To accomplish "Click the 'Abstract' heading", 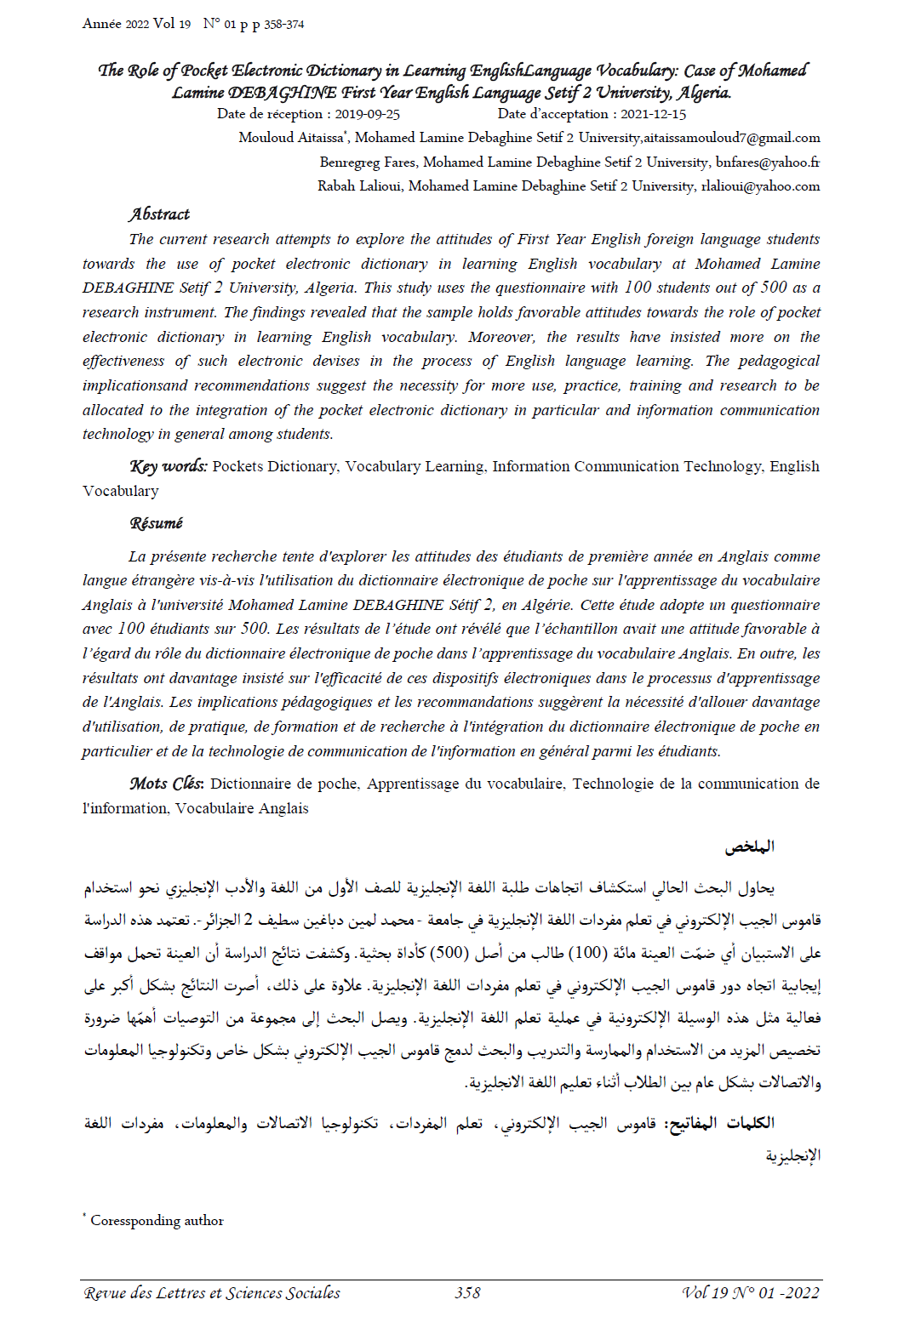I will point(159,214).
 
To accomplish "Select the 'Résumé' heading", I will point(156,523).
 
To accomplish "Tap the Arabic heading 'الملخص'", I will point(749,847).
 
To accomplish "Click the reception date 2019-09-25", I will point(367,114).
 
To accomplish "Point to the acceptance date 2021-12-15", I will point(653,114).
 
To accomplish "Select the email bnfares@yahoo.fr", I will point(767,162).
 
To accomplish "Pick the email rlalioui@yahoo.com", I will point(760,186).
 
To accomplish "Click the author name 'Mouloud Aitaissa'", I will point(290,138).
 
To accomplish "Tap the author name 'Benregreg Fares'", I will point(368,162).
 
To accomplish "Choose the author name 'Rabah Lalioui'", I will point(359,186).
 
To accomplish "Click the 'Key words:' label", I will point(169,466).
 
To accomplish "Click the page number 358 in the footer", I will point(467,1293).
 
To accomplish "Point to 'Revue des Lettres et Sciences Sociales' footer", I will point(212,1293).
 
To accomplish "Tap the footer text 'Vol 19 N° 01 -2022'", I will point(751,1293).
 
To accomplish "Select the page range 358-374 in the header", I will point(283,25).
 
